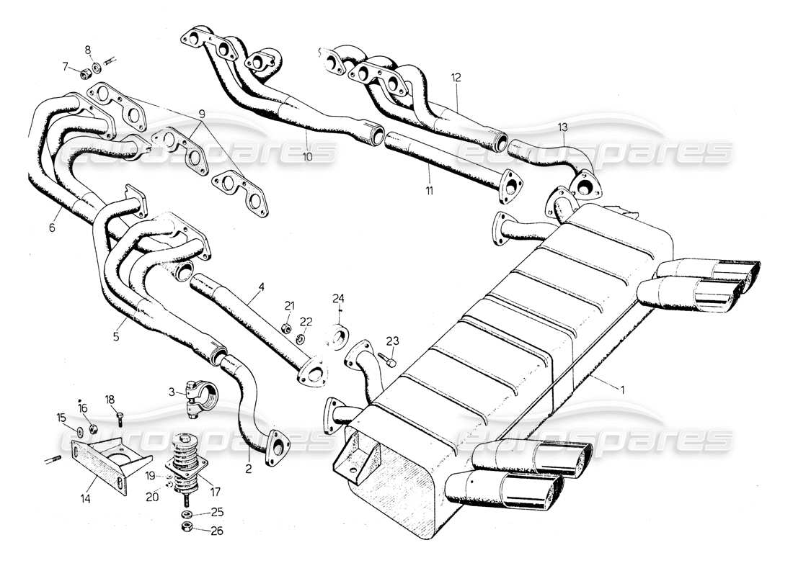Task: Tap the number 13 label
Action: pyautogui.click(x=562, y=127)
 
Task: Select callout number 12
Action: pyautogui.click(x=455, y=77)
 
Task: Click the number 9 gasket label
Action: pyautogui.click(x=202, y=114)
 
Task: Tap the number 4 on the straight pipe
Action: pyautogui.click(x=262, y=287)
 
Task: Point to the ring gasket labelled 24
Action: pyautogui.click(x=338, y=335)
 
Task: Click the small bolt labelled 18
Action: pyautogui.click(x=118, y=415)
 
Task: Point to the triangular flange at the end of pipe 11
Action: pyautogui.click(x=509, y=183)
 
